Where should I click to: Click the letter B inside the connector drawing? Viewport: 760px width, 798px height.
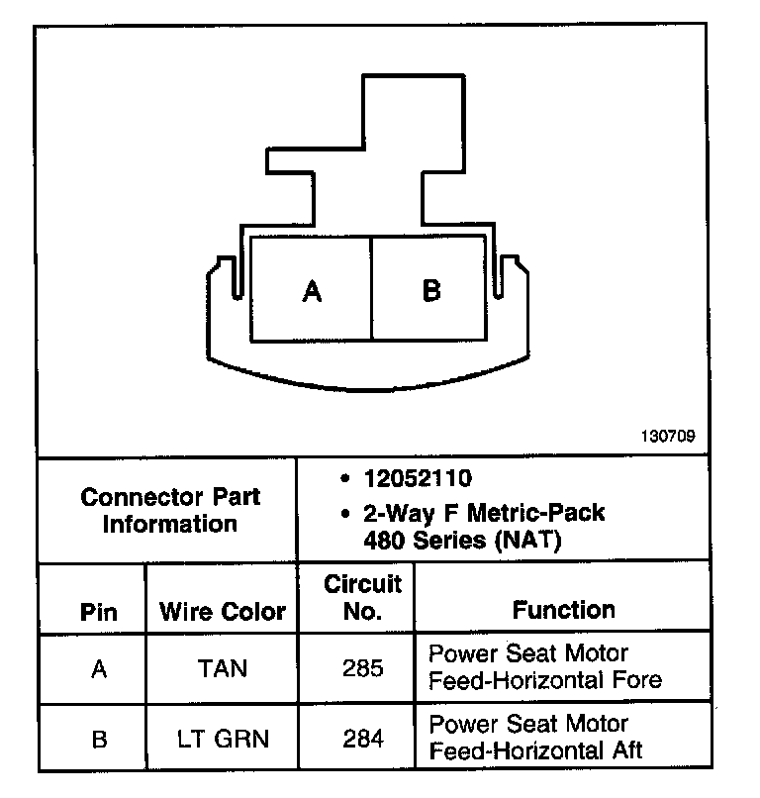pyautogui.click(x=431, y=291)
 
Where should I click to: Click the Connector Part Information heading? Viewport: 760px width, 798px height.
pyautogui.click(x=169, y=510)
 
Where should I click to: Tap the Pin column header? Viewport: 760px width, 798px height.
pyautogui.click(x=98, y=612)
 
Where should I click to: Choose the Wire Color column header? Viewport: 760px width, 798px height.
pyautogui.click(x=223, y=612)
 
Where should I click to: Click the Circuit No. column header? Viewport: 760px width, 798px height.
pyautogui.click(x=363, y=597)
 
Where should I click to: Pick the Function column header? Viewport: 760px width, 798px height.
pyautogui.click(x=563, y=610)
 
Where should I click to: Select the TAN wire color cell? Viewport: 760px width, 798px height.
pyautogui.click(x=223, y=668)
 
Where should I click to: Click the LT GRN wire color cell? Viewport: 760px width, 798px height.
pyautogui.click(x=223, y=738)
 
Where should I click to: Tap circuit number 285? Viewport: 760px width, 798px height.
pyautogui.click(x=363, y=668)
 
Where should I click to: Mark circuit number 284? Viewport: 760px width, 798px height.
pyautogui.click(x=363, y=738)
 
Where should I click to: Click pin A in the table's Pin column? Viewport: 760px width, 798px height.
pyautogui.click(x=98, y=668)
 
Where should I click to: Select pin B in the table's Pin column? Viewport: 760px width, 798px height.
pyautogui.click(x=98, y=738)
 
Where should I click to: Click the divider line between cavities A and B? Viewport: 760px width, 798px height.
pyautogui.click(x=371, y=289)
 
